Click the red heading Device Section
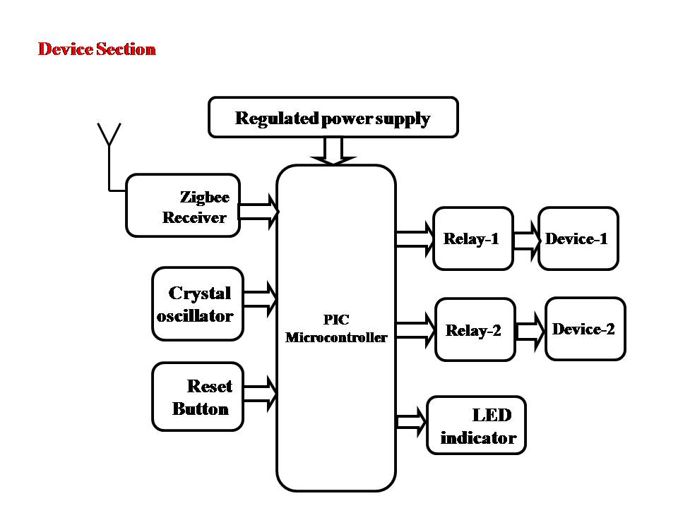coord(97,49)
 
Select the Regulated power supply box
coord(333,117)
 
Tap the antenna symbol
coord(109,138)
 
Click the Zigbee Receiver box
coord(182,205)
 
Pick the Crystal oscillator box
coord(198,303)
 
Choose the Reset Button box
coord(198,397)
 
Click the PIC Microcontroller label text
coord(336,329)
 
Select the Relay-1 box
coord(472,238)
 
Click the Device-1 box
coord(578,238)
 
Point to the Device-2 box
coord(585,329)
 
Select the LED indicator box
coord(477,425)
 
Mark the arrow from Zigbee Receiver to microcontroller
coord(259,211)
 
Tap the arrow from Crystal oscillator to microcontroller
coord(260,298)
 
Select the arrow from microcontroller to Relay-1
coord(415,238)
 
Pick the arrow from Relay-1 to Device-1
coord(526,238)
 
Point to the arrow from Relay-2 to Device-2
coord(530,329)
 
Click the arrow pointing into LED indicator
coord(412,422)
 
